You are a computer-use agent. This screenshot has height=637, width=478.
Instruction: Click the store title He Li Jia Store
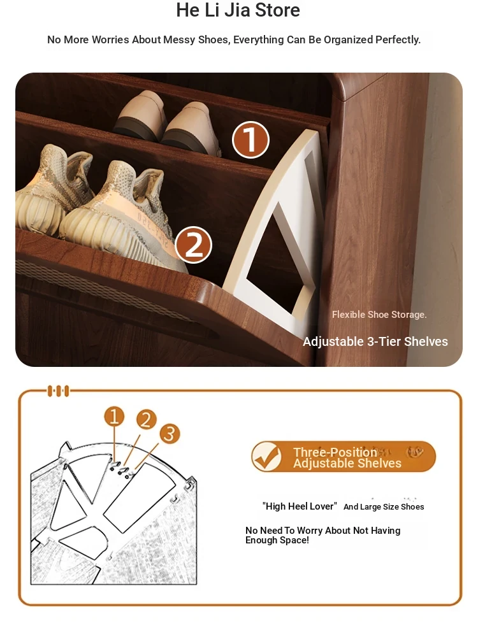point(238,10)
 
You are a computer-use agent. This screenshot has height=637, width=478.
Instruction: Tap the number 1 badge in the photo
point(250,140)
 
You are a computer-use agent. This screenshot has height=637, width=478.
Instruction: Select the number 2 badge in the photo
point(194,245)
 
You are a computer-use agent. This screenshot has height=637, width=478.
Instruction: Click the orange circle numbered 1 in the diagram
point(114,417)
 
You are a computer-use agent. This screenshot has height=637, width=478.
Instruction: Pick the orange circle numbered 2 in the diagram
point(147,419)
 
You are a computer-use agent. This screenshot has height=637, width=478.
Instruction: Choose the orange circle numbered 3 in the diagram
point(170,433)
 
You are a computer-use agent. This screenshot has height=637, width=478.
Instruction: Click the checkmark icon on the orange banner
point(266,457)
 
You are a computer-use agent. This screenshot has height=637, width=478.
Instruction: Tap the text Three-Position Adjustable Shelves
point(347,457)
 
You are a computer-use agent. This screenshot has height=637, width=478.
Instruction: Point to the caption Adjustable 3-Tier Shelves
point(375,341)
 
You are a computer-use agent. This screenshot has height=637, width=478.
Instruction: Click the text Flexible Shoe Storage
point(379,315)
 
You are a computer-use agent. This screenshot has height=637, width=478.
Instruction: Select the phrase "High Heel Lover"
point(300,506)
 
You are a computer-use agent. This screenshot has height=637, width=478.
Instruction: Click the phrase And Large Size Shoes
point(384,506)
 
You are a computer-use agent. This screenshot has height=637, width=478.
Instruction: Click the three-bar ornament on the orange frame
point(59,391)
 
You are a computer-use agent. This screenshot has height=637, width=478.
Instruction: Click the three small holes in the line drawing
point(122,469)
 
